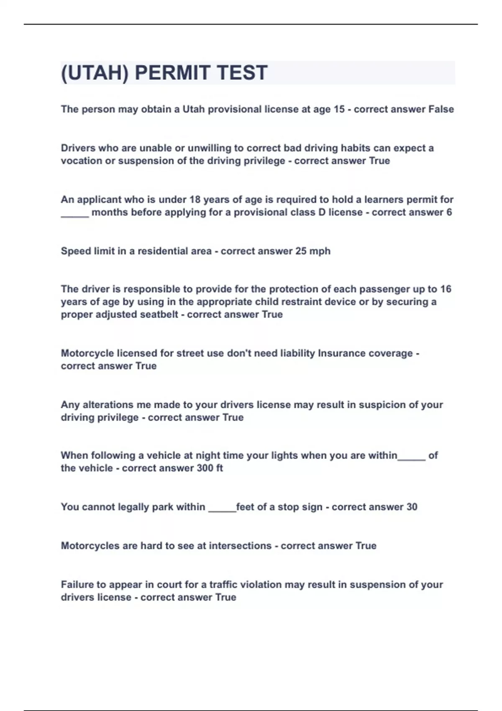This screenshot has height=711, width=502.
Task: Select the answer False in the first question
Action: click(x=441, y=109)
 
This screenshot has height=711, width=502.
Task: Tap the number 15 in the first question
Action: click(x=339, y=109)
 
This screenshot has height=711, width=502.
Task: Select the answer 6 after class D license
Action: click(x=449, y=212)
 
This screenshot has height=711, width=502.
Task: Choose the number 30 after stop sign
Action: click(x=412, y=507)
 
